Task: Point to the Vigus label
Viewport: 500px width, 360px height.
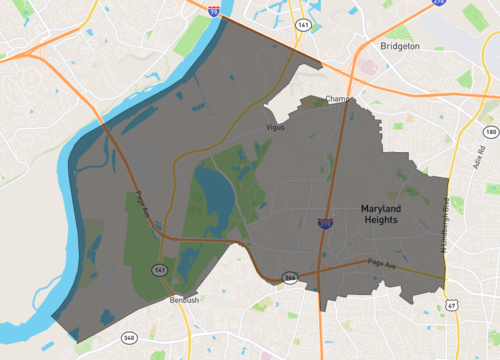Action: pos(276,128)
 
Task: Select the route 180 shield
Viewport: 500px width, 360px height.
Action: pos(489,132)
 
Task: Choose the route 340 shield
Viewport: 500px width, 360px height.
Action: pos(129,337)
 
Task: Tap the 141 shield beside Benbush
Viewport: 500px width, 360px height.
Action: pos(160,271)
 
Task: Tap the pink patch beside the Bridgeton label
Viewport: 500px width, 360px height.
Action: pos(368,68)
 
